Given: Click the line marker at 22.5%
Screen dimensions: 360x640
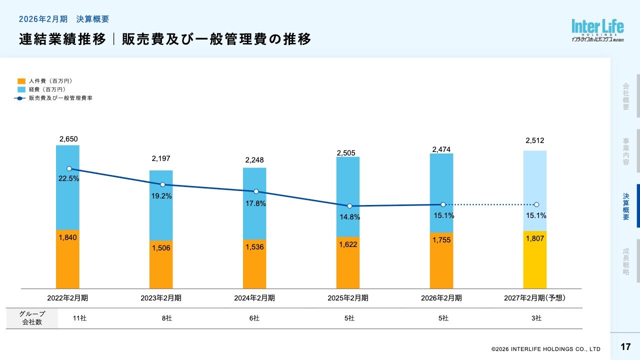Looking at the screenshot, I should point(69,168).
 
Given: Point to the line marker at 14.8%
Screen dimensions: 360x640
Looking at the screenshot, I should point(349,206).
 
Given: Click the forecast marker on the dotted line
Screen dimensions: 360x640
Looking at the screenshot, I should point(536,204).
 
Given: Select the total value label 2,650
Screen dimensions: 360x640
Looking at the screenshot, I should point(68,139).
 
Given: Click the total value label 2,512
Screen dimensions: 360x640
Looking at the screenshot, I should point(534,140).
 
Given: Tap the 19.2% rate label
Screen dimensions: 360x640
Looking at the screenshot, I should point(161,196).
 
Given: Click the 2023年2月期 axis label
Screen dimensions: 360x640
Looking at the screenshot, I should point(161,298).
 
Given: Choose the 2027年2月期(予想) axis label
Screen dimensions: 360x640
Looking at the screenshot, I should point(534,298).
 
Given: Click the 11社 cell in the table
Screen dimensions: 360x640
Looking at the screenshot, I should point(80,318).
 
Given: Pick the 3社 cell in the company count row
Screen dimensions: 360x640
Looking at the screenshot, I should point(536,318).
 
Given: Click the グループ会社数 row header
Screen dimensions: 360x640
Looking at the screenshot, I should point(32,318).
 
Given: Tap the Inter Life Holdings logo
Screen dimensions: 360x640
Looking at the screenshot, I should point(597,30).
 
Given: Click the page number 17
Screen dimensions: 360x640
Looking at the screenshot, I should point(625,347).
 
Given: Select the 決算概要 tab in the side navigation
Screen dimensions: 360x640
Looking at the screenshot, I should point(626,206).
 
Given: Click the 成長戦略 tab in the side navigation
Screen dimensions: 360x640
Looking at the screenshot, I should point(626,261).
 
